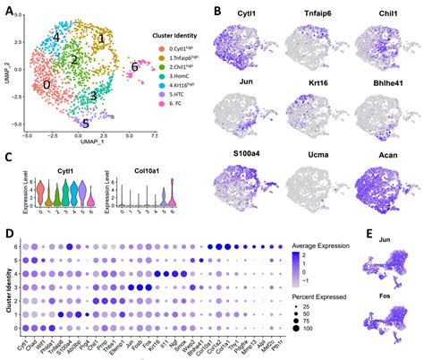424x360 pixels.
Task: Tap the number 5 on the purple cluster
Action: click(x=85, y=123)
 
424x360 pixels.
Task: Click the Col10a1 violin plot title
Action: click(x=131, y=168)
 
